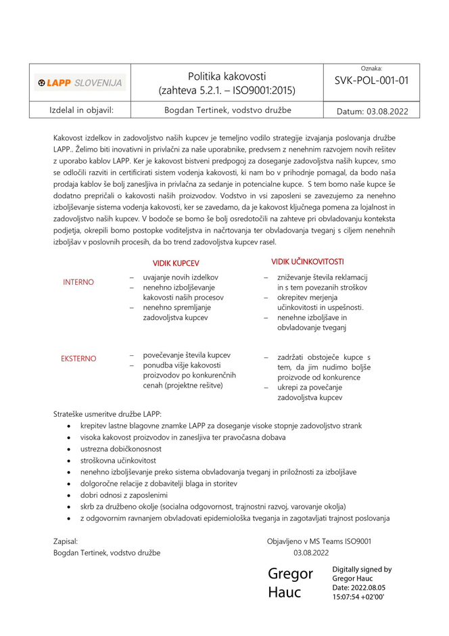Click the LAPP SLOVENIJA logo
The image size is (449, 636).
pyautogui.click(x=80, y=83)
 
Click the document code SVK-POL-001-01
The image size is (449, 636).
pyautogui.click(x=371, y=81)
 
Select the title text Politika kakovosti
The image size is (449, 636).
pyautogui.click(x=227, y=76)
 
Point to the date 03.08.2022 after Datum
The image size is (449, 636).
pyautogui.click(x=387, y=111)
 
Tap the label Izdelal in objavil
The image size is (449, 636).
pyautogui.click(x=80, y=110)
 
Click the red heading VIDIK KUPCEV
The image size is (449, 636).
pyautogui.click(x=176, y=263)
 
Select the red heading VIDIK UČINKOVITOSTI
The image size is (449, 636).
pyautogui.click(x=308, y=261)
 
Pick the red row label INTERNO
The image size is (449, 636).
pyautogui.click(x=78, y=282)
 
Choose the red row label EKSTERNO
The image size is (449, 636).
pyautogui.click(x=78, y=359)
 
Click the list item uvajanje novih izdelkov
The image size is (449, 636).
pyautogui.click(x=181, y=277)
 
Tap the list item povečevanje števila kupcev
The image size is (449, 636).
pyautogui.click(x=187, y=355)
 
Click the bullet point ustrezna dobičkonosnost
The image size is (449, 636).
pyautogui.click(x=121, y=449)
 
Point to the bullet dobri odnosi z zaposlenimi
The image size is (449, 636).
pyautogui.click(x=124, y=495)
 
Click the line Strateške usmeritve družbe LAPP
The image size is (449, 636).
pyautogui.click(x=108, y=413)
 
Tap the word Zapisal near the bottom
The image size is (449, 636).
pyautogui.click(x=66, y=541)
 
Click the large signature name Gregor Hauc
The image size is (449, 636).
pyautogui.click(x=291, y=583)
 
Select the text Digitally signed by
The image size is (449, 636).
pyautogui.click(x=362, y=569)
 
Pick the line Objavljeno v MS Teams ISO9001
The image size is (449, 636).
pyautogui.click(x=318, y=541)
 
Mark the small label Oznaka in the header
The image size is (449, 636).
pyautogui.click(x=371, y=68)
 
